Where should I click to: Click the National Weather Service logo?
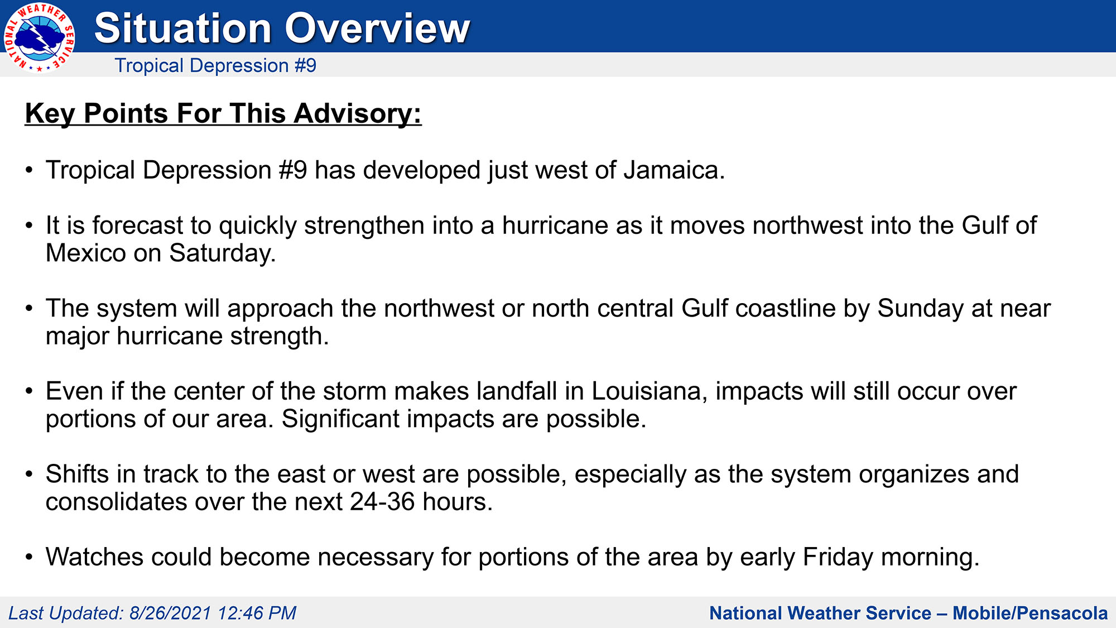(39, 37)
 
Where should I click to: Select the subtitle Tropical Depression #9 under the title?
(215, 66)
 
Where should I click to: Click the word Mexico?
(86, 253)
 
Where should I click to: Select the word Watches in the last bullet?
(94, 557)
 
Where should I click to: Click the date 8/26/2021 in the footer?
(170, 613)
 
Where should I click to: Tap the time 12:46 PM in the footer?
(257, 613)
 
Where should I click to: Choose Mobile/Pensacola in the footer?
(1030, 613)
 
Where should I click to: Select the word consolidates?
(116, 502)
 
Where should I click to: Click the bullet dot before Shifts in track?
(29, 474)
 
